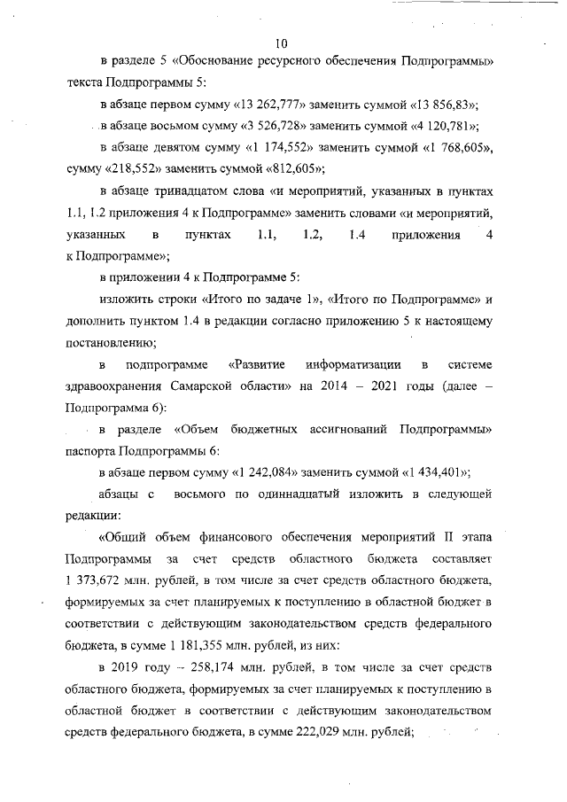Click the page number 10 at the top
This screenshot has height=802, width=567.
(283, 42)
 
